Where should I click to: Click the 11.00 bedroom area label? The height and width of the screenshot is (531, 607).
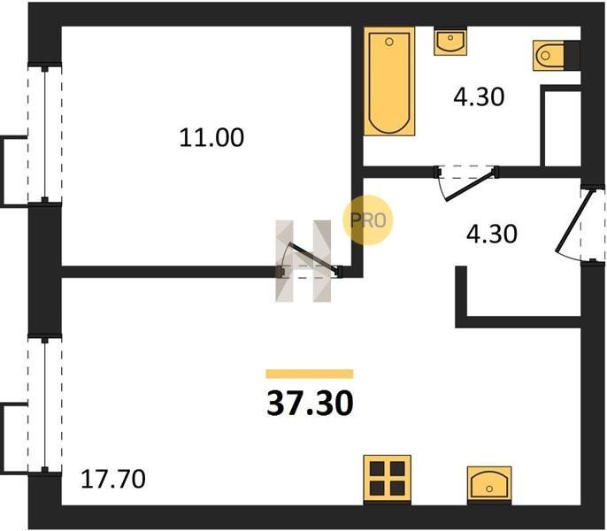coord(211,137)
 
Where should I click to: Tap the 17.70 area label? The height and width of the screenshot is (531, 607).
coord(113,479)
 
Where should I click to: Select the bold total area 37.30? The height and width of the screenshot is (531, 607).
coord(310,404)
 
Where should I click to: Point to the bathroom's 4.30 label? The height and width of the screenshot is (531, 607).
coord(479,96)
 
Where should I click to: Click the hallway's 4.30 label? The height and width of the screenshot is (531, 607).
coord(492,234)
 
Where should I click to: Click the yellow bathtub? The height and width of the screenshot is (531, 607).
coord(389,81)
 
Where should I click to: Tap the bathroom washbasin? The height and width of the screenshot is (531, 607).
coord(450,42)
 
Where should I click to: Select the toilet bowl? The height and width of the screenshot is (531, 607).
coord(549,56)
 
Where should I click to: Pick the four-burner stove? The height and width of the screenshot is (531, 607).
coord(388,479)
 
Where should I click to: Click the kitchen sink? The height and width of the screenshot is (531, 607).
coord(489,484)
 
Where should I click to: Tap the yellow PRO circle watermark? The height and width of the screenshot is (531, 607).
coord(368,220)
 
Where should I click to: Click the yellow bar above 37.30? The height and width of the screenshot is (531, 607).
coord(310,373)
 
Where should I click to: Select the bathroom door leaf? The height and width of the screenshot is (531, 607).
coord(471,185)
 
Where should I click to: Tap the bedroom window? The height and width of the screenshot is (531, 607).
coord(45,133)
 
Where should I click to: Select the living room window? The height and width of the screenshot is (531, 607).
coord(45,404)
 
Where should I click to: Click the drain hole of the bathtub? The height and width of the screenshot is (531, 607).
coord(389,42)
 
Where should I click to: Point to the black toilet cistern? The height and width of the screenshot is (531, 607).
coord(572,56)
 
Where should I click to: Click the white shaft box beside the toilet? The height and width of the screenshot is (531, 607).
coord(561,127)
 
